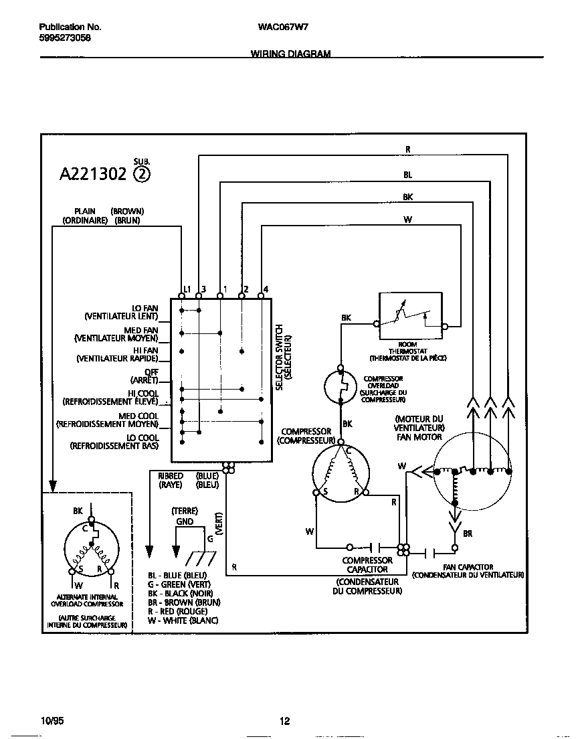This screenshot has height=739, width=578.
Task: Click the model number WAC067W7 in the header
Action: pos(282,27)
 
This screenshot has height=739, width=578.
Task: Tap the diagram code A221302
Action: pos(93,174)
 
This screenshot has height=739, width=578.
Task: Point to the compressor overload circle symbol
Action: pos(342,387)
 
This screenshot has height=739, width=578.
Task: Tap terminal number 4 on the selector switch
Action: pos(266,289)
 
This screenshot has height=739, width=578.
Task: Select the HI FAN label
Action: pos(145,350)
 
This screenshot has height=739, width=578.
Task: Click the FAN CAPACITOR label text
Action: pos(468,567)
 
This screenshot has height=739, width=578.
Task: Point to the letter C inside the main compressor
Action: pos(348,451)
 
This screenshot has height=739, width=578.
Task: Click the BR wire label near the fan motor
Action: pos(468,533)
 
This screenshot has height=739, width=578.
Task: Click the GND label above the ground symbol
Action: pos(185,521)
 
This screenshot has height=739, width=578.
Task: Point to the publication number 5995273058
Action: pos(65,38)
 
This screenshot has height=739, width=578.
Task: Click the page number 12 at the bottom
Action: pos(284,721)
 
